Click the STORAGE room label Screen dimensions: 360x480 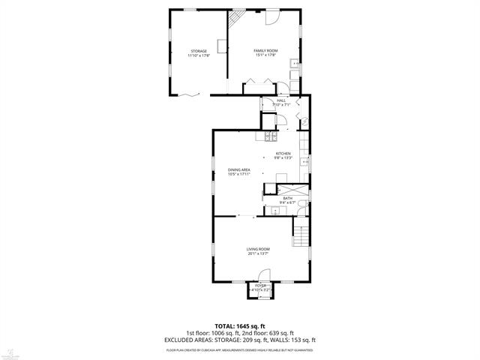click(x=198, y=51)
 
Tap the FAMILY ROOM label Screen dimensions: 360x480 click(x=265, y=50)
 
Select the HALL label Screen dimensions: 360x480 click(x=281, y=100)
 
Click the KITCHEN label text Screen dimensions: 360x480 click(x=282, y=154)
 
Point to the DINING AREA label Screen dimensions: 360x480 click(x=239, y=170)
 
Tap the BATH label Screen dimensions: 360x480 click(x=287, y=198)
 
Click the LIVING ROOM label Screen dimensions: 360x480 click(x=258, y=249)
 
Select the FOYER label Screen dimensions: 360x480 click(x=260, y=286)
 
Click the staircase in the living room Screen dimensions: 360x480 click(x=301, y=236)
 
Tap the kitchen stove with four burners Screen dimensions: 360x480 click(x=270, y=136)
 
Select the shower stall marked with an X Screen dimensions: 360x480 click(x=296, y=189)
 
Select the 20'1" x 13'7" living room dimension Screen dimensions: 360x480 click(x=258, y=254)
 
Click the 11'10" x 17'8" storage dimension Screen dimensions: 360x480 click(x=198, y=55)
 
